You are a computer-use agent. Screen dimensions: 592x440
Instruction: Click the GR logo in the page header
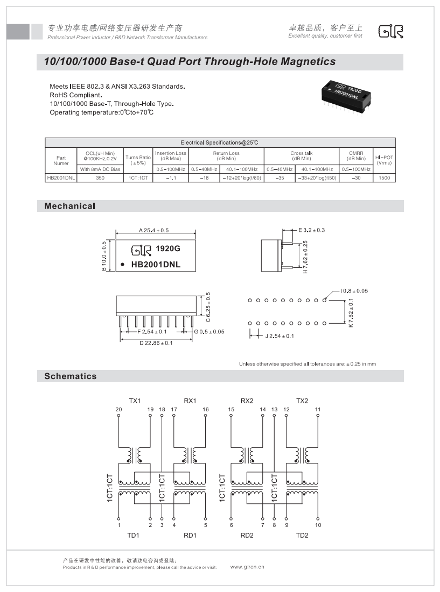(x=390, y=32)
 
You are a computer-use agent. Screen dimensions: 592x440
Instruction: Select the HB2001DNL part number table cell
(x=61, y=177)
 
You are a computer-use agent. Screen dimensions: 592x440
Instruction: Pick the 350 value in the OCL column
(x=100, y=177)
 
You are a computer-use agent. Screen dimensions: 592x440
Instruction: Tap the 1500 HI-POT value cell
(x=384, y=177)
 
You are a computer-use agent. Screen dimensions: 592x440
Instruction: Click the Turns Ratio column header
(x=138, y=160)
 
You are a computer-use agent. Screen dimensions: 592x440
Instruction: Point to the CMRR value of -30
(x=356, y=177)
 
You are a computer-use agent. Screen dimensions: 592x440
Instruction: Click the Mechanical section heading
(x=69, y=206)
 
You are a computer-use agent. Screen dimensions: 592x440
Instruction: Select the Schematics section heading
(x=71, y=376)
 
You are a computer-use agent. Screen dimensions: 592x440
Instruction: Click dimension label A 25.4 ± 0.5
(x=154, y=230)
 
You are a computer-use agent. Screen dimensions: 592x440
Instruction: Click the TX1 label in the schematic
(x=135, y=401)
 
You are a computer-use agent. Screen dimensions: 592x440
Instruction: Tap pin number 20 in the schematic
(x=119, y=410)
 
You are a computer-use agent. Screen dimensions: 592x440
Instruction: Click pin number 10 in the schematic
(x=318, y=525)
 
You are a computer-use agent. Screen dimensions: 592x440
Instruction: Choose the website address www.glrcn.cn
(x=247, y=567)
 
